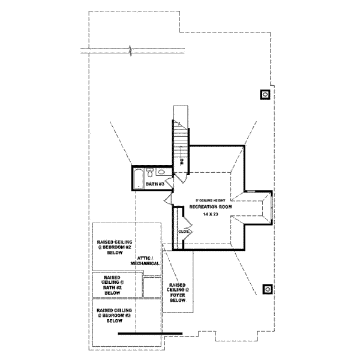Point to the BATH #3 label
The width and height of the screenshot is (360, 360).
tap(155, 184)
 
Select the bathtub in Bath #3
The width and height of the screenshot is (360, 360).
tap(139, 178)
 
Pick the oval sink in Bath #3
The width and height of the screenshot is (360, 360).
tap(160, 172)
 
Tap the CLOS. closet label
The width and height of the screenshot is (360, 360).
tap(184, 231)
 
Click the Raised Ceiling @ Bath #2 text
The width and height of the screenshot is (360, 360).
tap(113, 286)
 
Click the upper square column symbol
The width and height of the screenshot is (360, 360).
tap(265, 94)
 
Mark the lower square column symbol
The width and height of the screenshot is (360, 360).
tap(267, 289)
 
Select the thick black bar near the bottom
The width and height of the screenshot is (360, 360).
tap(149, 333)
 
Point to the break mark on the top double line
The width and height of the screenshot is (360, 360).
tap(129, 48)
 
